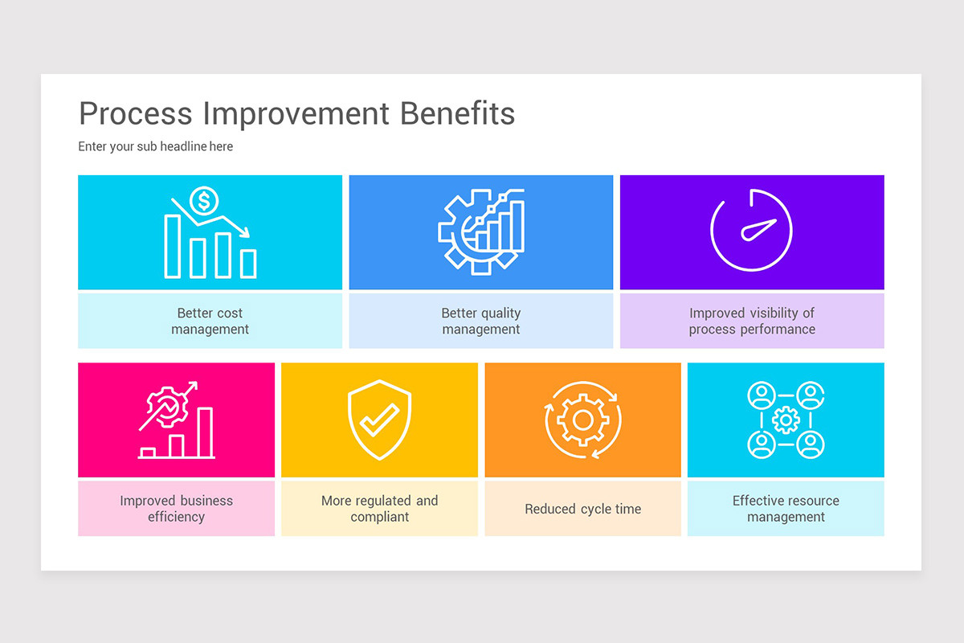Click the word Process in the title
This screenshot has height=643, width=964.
coord(136,113)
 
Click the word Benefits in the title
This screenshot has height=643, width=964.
coord(457,113)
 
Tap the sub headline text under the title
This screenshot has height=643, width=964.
coord(156,146)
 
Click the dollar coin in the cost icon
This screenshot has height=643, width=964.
coord(203,201)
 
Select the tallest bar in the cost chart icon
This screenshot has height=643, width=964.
coord(172,246)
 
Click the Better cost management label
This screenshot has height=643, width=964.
coord(210,321)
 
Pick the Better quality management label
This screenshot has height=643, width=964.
coord(480,321)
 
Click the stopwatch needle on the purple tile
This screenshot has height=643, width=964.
coord(759,230)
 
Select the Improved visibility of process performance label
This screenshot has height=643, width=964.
coord(752,321)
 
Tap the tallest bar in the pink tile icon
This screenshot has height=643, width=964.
coord(206,432)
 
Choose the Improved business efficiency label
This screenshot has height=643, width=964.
coord(176,508)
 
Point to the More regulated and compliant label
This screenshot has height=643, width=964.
coord(379,508)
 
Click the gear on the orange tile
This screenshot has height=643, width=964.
coord(583,420)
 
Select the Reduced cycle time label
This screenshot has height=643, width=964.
coord(583,509)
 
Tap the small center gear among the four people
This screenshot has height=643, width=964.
coord(786,420)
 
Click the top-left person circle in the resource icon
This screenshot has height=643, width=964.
coord(760,395)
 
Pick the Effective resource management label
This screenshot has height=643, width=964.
coord(786,508)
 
